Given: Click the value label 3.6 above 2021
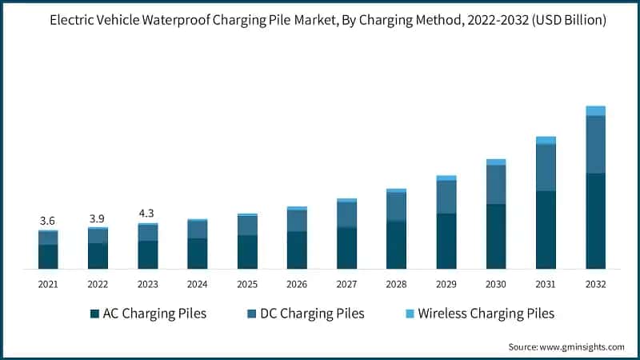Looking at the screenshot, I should click(x=48, y=221).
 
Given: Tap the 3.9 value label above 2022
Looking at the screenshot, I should click(x=98, y=218).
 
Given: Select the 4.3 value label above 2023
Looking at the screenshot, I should click(x=147, y=214).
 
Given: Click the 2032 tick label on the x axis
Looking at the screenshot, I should click(x=595, y=284).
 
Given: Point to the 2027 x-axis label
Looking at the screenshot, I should click(x=346, y=284).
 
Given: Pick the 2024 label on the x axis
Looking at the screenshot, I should click(x=198, y=284).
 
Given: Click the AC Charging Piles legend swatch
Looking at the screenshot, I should click(x=94, y=314).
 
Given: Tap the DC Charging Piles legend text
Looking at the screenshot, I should click(x=313, y=314).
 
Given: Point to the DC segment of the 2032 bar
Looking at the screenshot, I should click(x=595, y=145).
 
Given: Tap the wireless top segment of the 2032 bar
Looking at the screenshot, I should click(x=595, y=111).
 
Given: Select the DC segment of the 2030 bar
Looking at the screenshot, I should click(x=496, y=185).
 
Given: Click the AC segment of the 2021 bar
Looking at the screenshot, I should click(x=48, y=256).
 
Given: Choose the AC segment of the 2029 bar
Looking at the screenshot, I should click(x=446, y=241).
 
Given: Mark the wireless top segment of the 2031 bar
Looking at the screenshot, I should click(x=546, y=141).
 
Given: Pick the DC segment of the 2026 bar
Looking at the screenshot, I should click(x=297, y=221).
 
